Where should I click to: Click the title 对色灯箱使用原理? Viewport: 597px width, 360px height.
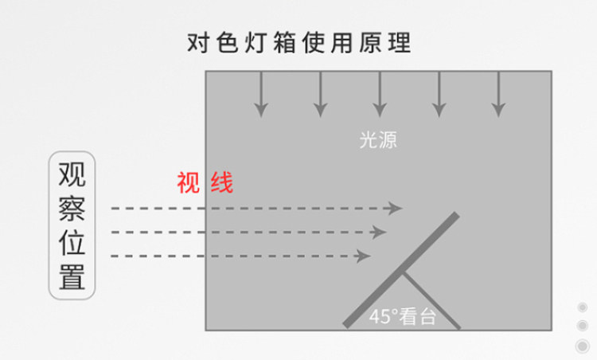298,41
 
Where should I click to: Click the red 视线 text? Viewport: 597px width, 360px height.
205,183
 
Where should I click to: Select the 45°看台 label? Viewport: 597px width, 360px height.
403,315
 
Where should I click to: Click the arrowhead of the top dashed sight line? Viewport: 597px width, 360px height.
395,209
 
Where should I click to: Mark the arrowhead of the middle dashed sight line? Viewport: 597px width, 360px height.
379,233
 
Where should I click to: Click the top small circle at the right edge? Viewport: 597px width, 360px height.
582,308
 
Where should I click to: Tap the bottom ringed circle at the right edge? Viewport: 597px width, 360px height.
582,345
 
